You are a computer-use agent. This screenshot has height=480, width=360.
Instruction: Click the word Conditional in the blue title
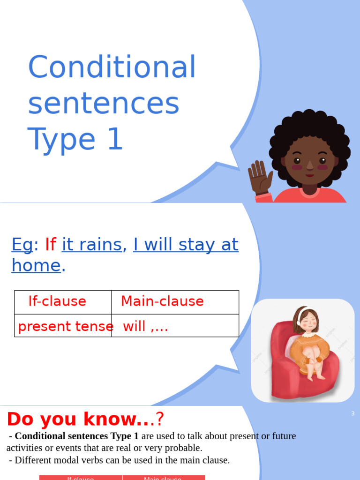[x=112, y=67]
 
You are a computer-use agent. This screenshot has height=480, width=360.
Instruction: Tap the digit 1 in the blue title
[x=115, y=140]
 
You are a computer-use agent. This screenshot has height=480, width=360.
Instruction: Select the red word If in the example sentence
[x=51, y=245]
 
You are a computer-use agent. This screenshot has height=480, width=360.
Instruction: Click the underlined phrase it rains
[x=92, y=245]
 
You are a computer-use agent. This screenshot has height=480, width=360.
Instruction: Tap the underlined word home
[x=36, y=265]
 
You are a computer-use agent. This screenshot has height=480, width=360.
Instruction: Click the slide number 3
[x=352, y=413]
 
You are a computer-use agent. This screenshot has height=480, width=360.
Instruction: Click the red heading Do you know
[x=80, y=419]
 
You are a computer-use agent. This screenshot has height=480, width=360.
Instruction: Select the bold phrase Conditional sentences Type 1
[x=77, y=436]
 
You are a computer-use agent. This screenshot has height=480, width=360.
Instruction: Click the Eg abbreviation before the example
[x=22, y=245]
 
